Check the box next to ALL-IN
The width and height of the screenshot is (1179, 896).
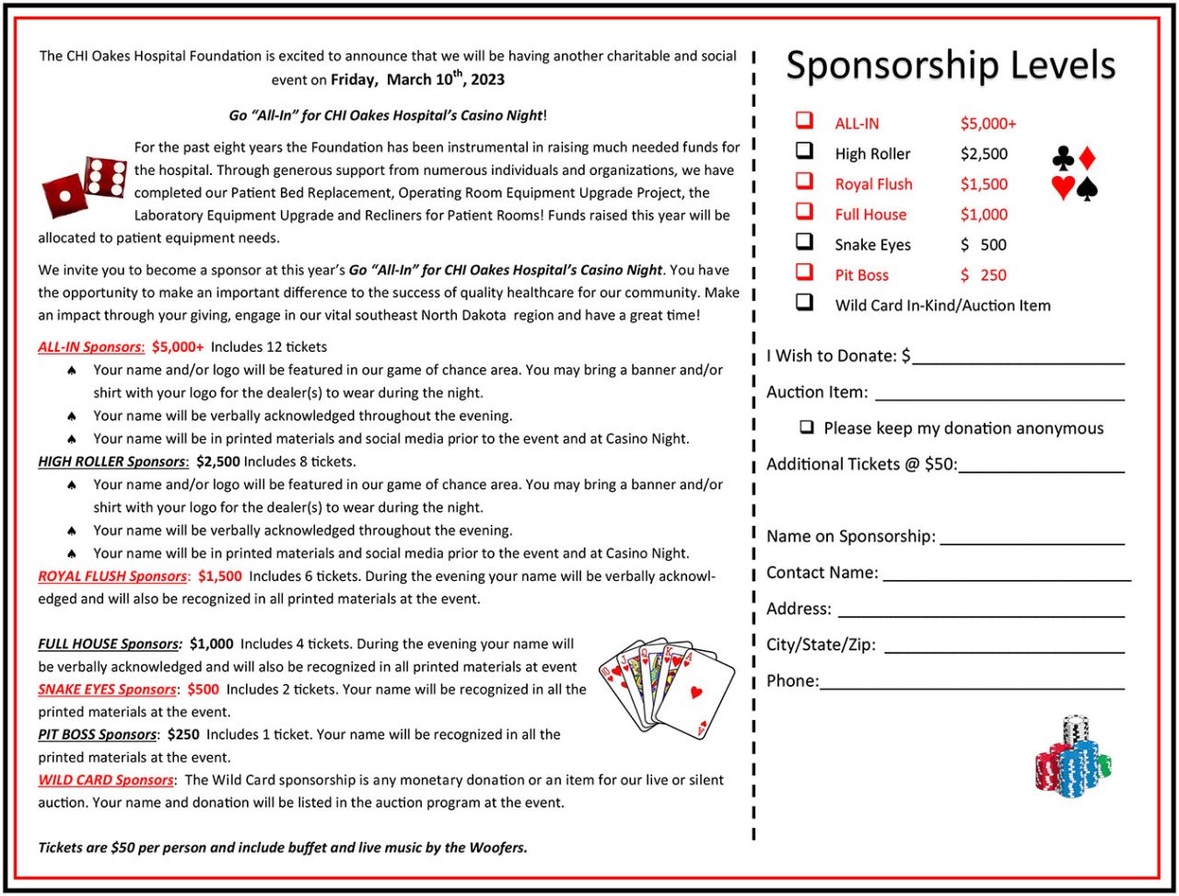[805, 121]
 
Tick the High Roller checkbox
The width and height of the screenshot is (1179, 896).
[805, 151]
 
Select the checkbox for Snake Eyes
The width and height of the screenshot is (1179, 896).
[805, 242]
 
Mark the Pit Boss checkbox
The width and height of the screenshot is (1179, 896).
[805, 273]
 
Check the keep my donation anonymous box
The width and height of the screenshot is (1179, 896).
[807, 427]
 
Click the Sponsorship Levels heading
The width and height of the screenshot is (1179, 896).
[951, 64]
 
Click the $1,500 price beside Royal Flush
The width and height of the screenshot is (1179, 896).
[984, 184]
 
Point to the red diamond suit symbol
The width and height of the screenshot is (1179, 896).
[1087, 157]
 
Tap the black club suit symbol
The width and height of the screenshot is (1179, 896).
[1063, 158]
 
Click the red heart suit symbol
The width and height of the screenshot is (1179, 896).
[1063, 188]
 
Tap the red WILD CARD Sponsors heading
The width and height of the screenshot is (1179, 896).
[106, 780]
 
